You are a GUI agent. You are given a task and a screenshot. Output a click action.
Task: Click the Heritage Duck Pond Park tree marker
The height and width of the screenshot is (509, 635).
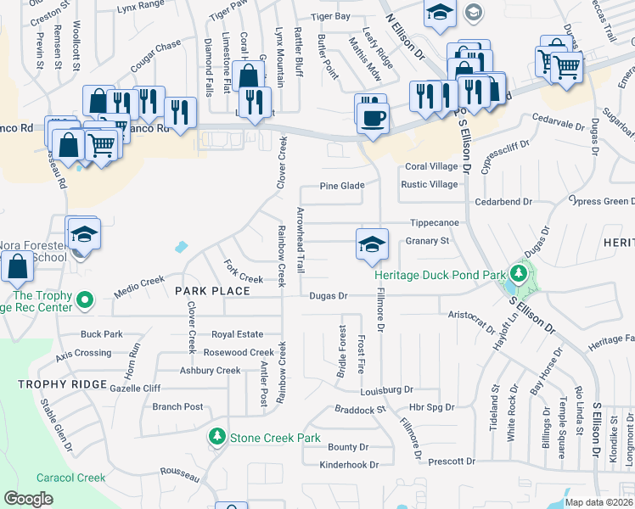(518, 274)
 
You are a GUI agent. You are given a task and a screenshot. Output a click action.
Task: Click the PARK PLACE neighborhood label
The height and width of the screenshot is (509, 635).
(212, 291)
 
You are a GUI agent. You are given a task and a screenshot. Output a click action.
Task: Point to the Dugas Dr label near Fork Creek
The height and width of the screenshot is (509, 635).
(329, 296)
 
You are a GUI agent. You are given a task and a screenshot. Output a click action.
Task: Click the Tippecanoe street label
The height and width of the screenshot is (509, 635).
(435, 222)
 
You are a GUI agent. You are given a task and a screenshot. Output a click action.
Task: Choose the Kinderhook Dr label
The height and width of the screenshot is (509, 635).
(348, 465)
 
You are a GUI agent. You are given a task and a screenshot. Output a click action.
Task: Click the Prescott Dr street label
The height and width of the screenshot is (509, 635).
(452, 461)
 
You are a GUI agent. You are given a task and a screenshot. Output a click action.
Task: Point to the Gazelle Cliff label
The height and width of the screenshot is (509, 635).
(135, 388)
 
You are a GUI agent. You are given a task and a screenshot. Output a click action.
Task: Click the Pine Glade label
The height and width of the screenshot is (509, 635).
(342, 186)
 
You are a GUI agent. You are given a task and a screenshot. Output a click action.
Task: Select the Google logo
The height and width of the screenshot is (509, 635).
(28, 498)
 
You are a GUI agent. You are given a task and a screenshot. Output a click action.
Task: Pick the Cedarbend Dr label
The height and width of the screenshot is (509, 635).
(503, 202)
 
